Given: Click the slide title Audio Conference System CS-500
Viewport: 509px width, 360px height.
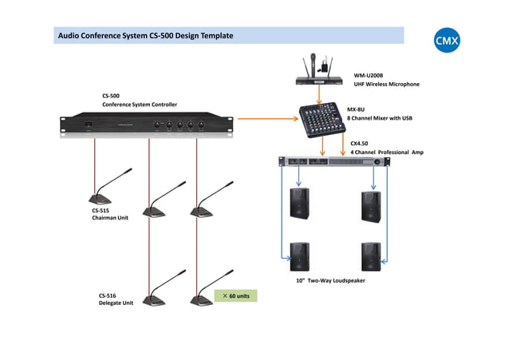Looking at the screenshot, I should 145,36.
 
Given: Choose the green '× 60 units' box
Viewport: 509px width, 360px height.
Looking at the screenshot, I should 235,296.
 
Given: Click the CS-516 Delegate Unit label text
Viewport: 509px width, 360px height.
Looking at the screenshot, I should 116,299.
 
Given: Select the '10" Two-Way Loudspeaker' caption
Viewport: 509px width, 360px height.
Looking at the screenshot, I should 330,280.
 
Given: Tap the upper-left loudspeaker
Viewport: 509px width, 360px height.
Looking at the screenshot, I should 301,204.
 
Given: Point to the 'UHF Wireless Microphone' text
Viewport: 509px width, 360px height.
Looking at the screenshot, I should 386,84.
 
